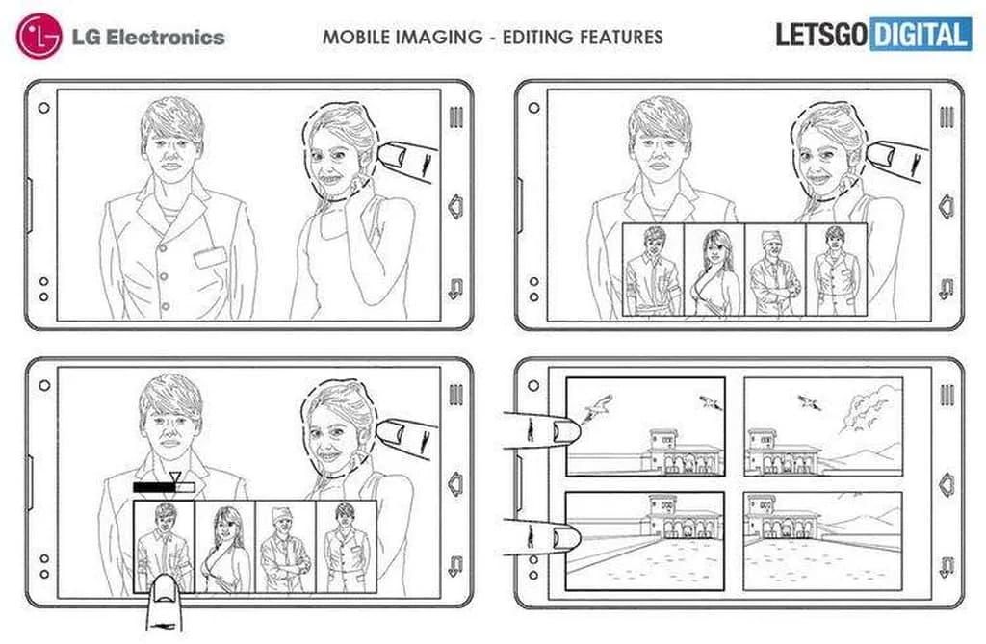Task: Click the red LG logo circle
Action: tap(39, 36)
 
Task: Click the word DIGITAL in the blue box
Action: tap(920, 36)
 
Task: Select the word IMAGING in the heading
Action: tap(438, 37)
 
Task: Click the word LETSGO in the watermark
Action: tap(822, 36)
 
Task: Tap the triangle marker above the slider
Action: tap(175, 477)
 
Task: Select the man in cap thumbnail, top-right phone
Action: tap(775, 270)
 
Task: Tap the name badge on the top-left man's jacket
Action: tap(210, 257)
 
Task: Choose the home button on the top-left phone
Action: tap(455, 207)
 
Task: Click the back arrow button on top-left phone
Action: tap(455, 289)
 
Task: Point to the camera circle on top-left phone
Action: tap(43, 108)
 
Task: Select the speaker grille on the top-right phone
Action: tap(947, 117)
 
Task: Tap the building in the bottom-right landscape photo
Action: tap(782, 518)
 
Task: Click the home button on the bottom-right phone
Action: tap(947, 485)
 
